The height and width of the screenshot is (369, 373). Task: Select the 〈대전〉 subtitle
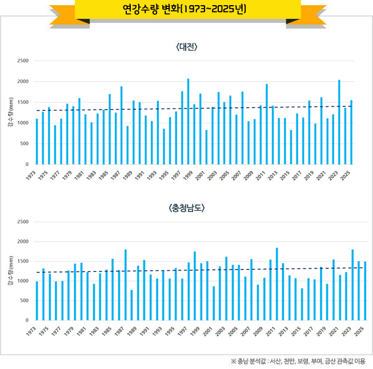[187, 47]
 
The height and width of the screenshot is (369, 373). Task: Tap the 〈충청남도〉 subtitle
[187, 208]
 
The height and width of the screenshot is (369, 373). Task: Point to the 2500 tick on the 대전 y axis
[23, 61]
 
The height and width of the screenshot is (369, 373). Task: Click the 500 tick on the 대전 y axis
[25, 143]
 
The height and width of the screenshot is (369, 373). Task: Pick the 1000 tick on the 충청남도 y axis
[23, 281]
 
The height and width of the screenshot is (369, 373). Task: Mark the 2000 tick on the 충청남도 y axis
[23, 242]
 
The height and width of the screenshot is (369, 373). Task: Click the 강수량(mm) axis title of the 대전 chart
[10, 113]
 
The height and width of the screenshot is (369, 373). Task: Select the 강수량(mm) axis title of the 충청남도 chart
[10, 271]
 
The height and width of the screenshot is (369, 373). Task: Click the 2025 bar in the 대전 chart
[351, 132]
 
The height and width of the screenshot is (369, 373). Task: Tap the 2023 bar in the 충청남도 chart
[352, 285]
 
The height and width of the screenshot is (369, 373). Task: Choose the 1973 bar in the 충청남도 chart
[37, 300]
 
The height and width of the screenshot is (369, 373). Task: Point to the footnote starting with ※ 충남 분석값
[298, 361]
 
